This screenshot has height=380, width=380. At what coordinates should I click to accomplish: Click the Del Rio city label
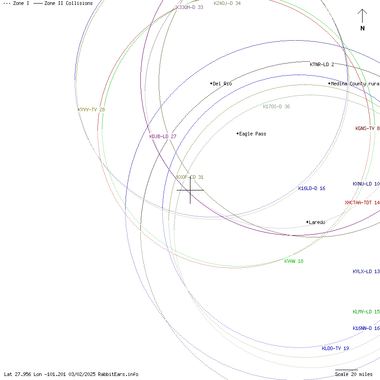click(222, 84)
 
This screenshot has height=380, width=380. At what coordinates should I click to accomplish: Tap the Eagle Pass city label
click(253, 134)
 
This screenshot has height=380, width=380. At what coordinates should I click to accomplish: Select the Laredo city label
click(317, 222)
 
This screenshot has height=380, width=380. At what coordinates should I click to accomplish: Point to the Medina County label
click(355, 84)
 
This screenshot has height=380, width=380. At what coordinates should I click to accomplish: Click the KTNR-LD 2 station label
click(322, 64)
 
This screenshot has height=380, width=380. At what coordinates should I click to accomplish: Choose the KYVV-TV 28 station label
click(91, 110)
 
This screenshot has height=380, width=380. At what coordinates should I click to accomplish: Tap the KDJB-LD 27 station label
click(163, 136)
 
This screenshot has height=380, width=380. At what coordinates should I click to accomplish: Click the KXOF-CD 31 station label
click(190, 177)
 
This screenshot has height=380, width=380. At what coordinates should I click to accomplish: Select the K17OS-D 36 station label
click(276, 106)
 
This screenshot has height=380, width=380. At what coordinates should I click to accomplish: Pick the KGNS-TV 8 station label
click(367, 128)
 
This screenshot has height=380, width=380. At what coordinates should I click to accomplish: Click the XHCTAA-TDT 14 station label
click(362, 203)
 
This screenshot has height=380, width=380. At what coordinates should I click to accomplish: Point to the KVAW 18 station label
click(294, 261)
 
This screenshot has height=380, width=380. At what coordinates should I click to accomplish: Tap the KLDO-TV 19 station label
click(335, 348)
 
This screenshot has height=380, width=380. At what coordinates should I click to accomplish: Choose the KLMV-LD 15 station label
click(366, 312)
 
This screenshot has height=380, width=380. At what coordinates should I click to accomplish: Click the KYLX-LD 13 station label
click(366, 271)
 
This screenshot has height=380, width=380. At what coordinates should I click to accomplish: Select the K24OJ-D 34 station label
click(227, 3)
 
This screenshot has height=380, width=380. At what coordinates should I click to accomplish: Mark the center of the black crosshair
click(190, 190)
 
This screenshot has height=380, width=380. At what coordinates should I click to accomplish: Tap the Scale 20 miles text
click(354, 374)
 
